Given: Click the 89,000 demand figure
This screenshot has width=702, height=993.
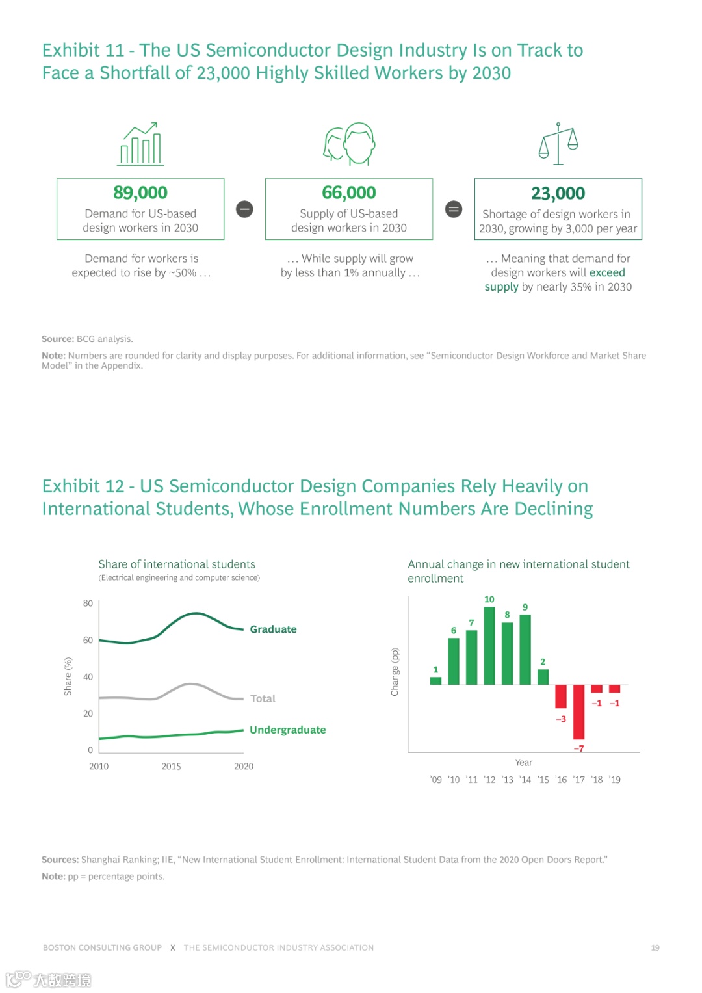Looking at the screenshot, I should [x=140, y=192].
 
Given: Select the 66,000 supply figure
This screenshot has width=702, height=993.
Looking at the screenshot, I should [x=349, y=192].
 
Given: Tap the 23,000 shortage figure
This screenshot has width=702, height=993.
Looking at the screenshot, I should [x=558, y=193].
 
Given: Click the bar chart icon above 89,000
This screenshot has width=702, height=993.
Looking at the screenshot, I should [x=141, y=144].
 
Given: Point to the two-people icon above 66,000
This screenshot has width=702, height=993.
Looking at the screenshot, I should [x=350, y=144].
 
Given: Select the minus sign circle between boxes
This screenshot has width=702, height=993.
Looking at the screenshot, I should [x=244, y=209].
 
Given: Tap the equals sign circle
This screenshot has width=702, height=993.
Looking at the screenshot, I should [x=454, y=209].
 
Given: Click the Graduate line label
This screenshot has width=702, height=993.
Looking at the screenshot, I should [x=273, y=629].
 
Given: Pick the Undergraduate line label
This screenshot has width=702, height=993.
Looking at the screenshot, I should [x=287, y=730].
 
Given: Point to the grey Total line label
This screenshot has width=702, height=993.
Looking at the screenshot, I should [x=263, y=698].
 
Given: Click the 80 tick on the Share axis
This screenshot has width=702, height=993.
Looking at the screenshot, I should [x=88, y=603].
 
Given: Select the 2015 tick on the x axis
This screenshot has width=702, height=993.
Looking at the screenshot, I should [x=171, y=767].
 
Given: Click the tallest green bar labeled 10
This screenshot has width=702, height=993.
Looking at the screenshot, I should [x=489, y=645].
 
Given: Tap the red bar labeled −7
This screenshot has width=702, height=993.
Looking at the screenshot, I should [x=578, y=712].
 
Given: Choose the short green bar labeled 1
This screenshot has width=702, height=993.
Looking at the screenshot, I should [x=435, y=681].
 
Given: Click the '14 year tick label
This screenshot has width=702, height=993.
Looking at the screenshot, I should [x=525, y=780].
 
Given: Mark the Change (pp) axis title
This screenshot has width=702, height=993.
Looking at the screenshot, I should [x=395, y=672].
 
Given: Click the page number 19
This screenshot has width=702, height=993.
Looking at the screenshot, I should [x=655, y=948].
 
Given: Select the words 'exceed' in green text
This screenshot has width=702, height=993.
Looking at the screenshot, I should [x=607, y=272].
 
